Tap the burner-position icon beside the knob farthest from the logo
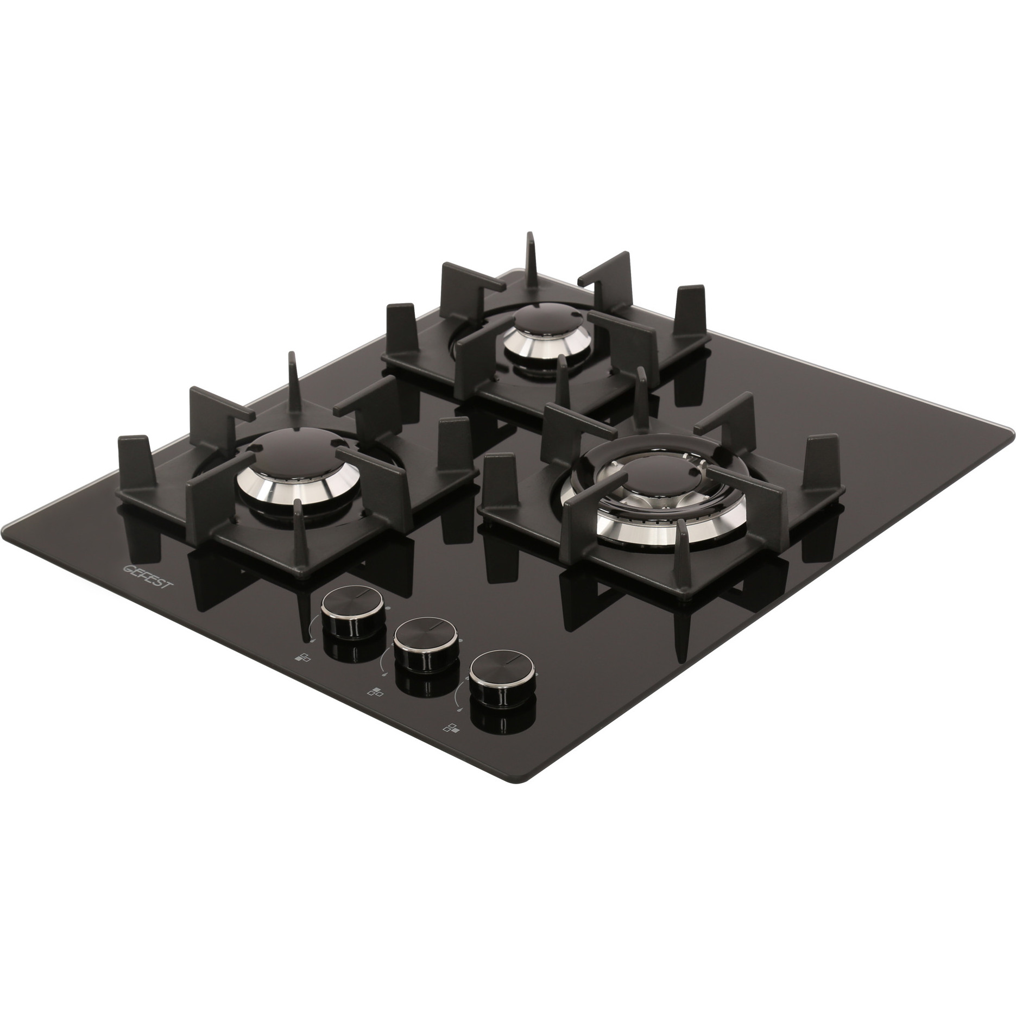coord(451,729)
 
